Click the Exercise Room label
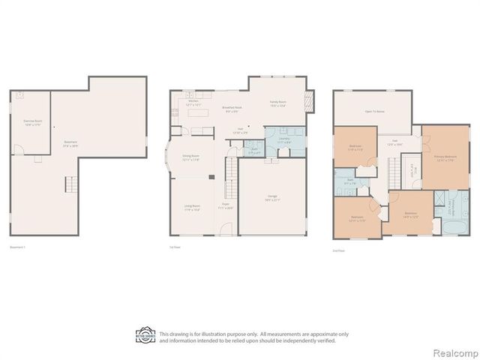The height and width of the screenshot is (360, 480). [31, 121]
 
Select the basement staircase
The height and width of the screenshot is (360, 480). [71, 183]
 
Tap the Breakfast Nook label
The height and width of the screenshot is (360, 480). [232, 109]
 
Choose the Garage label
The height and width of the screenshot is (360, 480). [271, 198]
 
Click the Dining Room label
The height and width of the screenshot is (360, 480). [190, 158]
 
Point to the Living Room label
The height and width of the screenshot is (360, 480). [192, 207]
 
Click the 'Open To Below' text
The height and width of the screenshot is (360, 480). [374, 112]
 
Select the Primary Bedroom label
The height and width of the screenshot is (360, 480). [445, 157]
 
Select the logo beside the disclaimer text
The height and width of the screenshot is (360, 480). [145, 335]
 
